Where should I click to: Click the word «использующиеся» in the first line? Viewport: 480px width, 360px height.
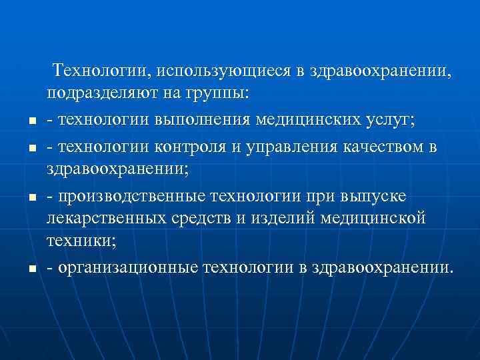226,70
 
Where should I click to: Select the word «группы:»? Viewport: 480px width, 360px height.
215,93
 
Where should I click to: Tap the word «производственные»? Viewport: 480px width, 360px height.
133,195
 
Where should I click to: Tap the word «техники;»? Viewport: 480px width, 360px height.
81,243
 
